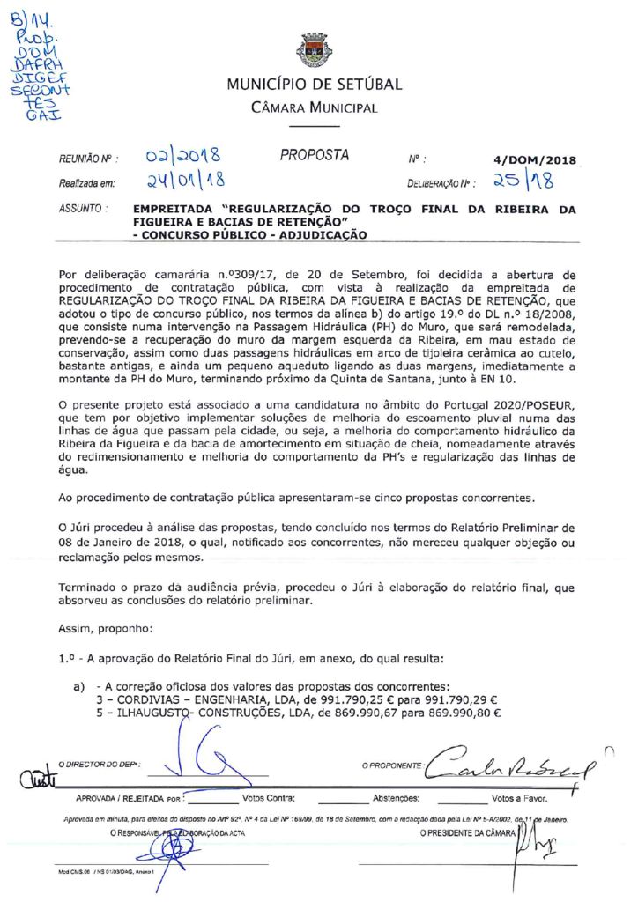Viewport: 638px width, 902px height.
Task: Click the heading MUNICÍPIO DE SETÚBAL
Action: pyautogui.click(x=315, y=85)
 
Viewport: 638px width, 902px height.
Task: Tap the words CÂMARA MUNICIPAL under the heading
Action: pyautogui.click(x=315, y=108)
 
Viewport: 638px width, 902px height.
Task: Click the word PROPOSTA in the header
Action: pyautogui.click(x=315, y=156)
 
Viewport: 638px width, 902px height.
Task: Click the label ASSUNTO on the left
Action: pyautogui.click(x=83, y=211)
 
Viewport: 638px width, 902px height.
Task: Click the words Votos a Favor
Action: pyautogui.click(x=520, y=799)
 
